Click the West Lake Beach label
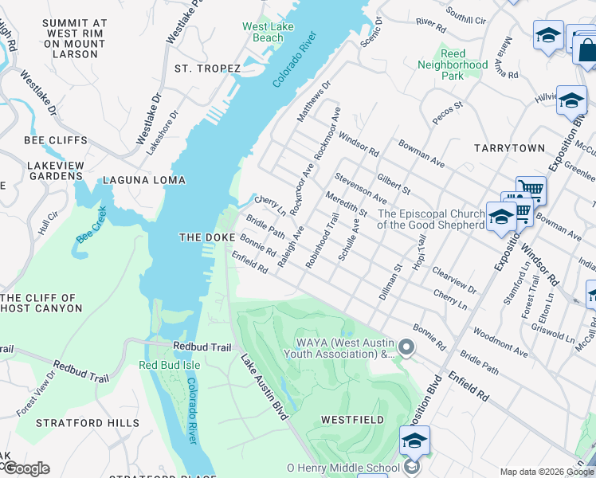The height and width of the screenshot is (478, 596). coord(262,32)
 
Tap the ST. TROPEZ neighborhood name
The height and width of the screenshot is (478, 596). coord(207,69)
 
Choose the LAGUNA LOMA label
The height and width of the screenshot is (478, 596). coord(144,180)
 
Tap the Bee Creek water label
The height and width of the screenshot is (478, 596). coord(91,225)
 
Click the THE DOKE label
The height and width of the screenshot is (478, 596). coord(207,237)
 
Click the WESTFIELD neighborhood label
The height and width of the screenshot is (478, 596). coord(352,419)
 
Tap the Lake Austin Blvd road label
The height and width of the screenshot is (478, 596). coord(264,387)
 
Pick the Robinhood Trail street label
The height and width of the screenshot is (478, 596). coord(322,238)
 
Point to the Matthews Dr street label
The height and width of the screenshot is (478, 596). coord(313,102)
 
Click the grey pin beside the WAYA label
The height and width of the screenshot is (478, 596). coord(407,347)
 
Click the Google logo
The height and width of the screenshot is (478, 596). coord(25,468)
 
